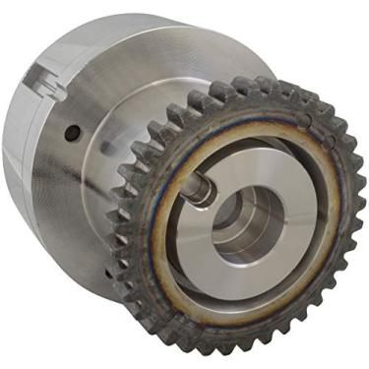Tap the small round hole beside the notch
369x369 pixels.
coord(72,130)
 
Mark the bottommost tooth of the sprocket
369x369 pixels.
coord(220,346)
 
